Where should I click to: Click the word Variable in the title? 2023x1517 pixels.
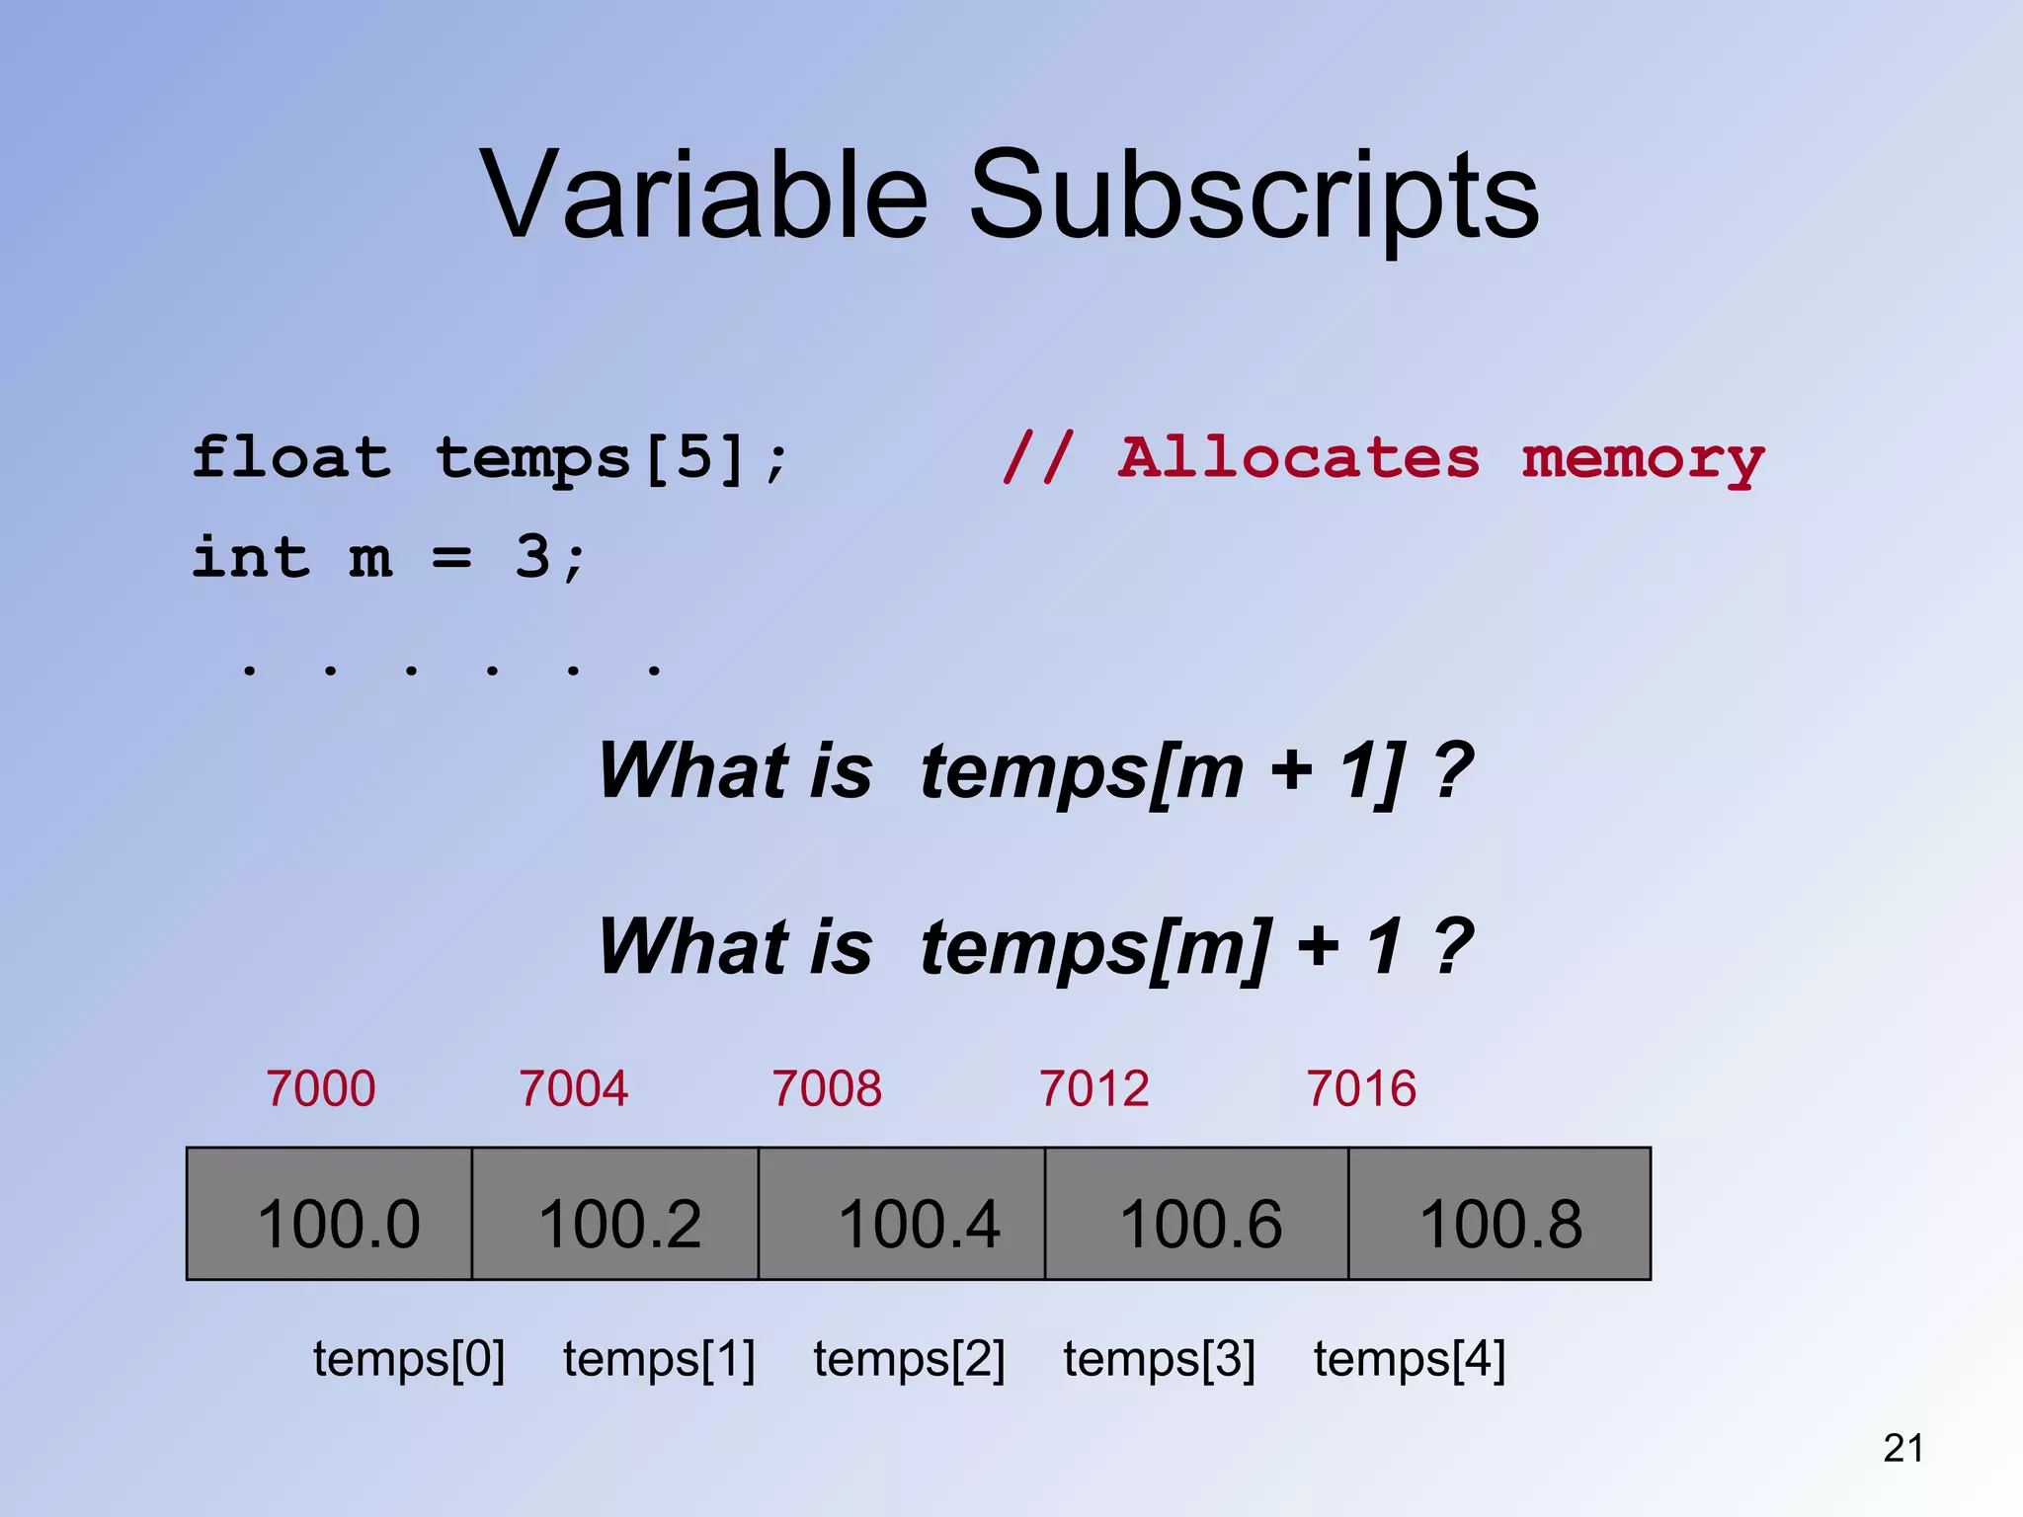click(703, 195)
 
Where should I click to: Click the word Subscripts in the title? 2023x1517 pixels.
click(1254, 195)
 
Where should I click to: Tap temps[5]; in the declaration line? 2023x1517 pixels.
click(611, 459)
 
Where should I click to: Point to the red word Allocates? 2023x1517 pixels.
click(1298, 458)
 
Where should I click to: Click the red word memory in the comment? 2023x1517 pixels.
click(1642, 460)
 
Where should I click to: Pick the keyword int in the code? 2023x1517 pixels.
click(251, 557)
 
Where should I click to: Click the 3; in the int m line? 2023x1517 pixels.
click(549, 557)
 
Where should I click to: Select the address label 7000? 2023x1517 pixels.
click(321, 1089)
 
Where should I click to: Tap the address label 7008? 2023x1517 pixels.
click(827, 1089)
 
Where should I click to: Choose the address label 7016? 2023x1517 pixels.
click(1361, 1089)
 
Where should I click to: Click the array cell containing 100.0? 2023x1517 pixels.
click(330, 1215)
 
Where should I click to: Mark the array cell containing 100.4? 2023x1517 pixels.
click(902, 1215)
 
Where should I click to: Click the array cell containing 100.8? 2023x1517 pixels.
click(1499, 1215)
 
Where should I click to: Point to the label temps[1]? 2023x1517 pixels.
click(659, 1359)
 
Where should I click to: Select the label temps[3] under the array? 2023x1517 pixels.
click(1159, 1359)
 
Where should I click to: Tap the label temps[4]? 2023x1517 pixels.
click(1409, 1359)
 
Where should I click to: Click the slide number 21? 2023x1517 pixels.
click(1902, 1448)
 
